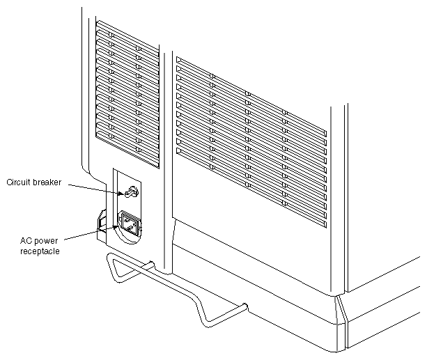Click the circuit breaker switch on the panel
(132, 190)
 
